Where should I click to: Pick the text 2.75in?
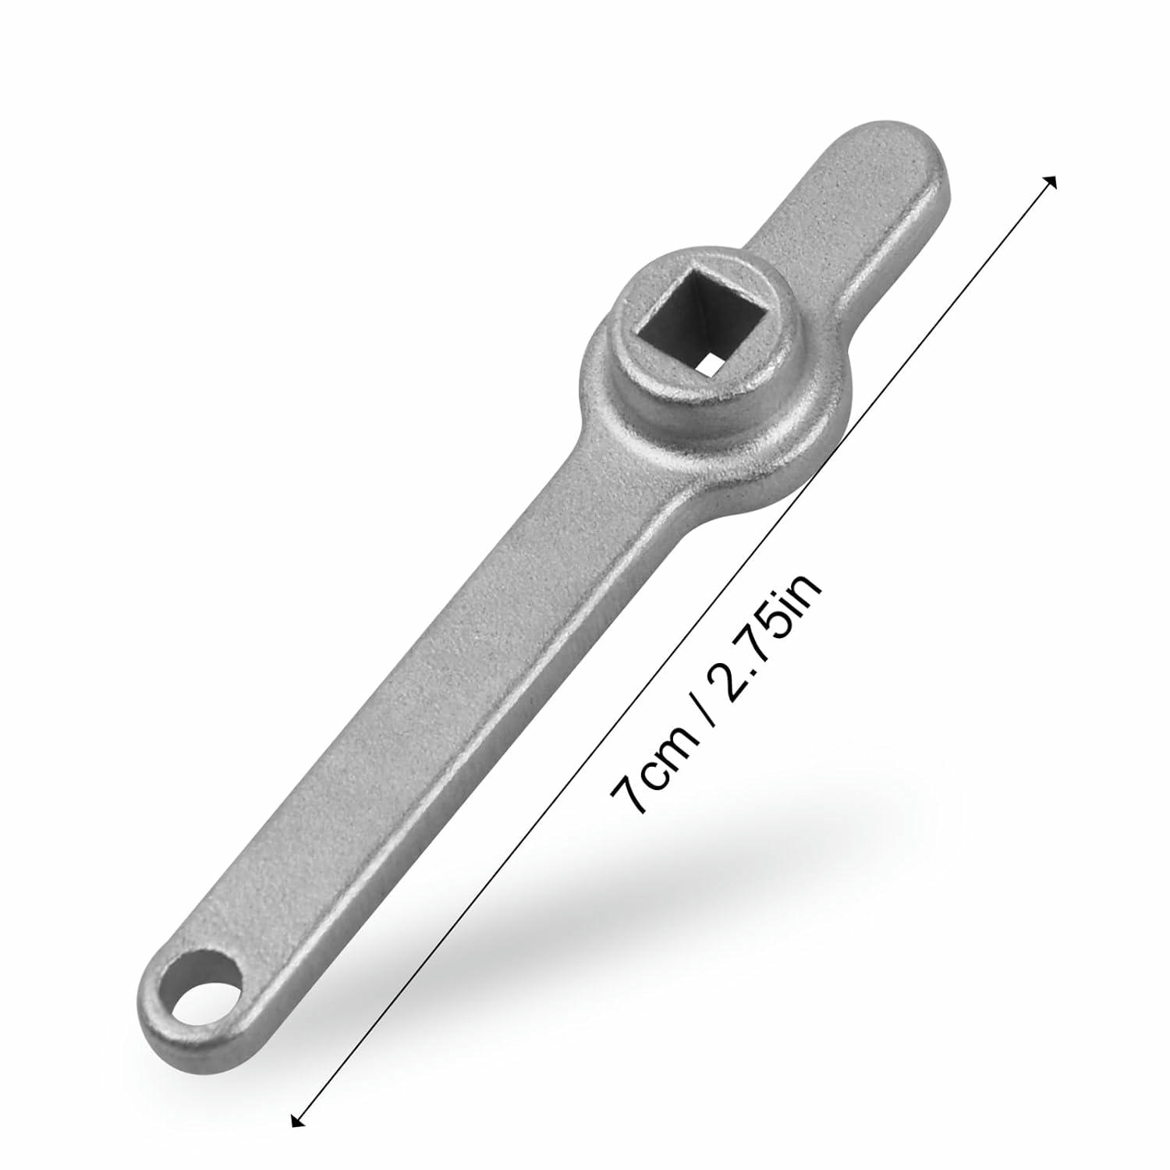click(761, 639)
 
